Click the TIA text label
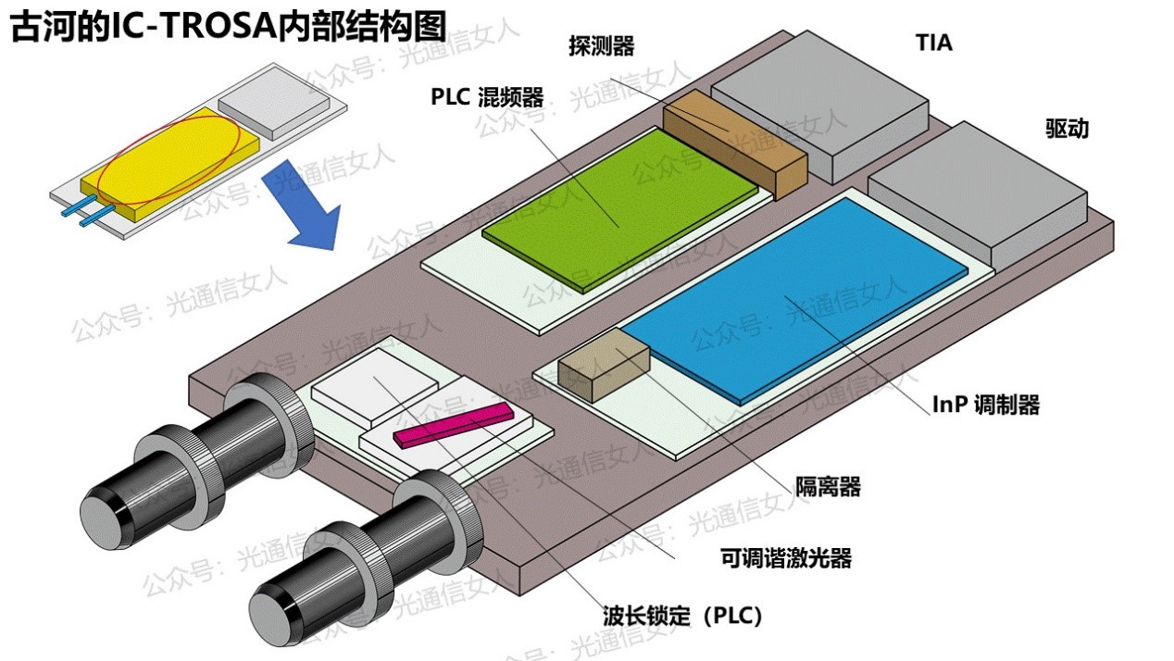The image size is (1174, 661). point(933,44)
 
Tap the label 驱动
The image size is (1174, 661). point(1067,129)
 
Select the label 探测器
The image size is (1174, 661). point(602,47)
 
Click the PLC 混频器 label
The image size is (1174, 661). point(487,97)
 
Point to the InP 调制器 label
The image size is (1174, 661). point(986,405)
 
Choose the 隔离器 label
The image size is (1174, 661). point(828,486)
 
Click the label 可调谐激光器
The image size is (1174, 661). point(785,558)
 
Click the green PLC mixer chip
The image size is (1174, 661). point(620,208)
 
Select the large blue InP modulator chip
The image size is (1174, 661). point(796,296)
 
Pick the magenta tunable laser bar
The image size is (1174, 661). point(453,425)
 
